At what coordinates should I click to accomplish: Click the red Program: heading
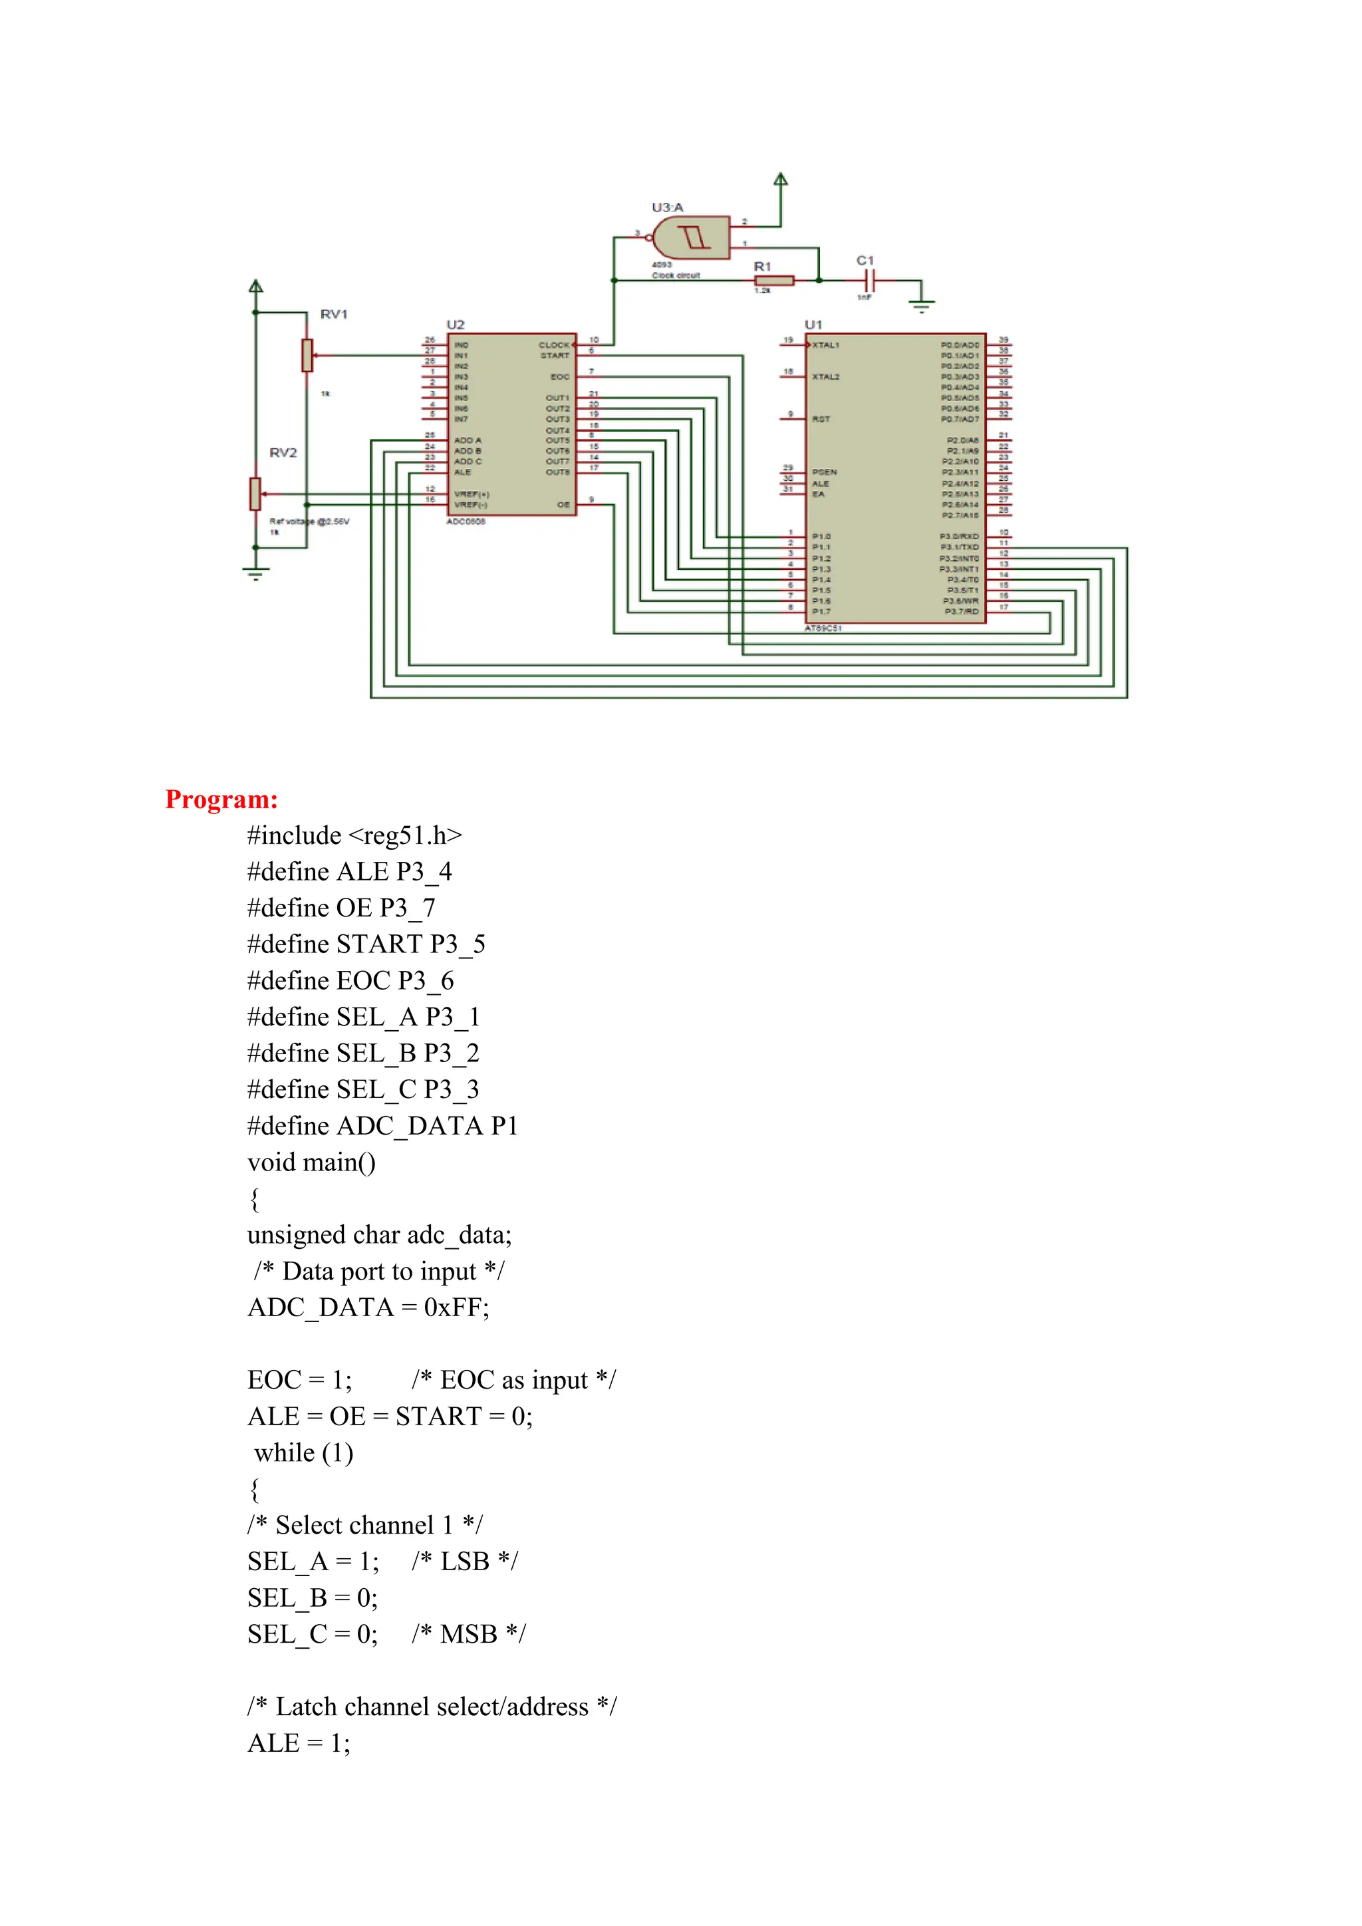tap(221, 799)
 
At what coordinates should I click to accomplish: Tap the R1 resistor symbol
tap(774, 280)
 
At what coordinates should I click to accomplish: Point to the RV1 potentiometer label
tap(333, 315)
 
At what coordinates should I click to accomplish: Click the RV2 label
tap(283, 453)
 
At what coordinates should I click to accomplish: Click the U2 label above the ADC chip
tap(456, 325)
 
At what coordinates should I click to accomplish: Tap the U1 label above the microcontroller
tap(813, 325)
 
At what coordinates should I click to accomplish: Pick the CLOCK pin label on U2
tap(553, 344)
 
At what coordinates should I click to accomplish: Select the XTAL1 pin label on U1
tap(825, 344)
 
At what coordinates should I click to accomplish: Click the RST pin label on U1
tap(821, 418)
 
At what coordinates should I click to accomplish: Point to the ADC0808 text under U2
tap(466, 522)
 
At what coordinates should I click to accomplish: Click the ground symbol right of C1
tap(922, 306)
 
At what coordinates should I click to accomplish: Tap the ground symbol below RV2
tap(256, 575)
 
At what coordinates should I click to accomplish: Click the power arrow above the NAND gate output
tap(781, 180)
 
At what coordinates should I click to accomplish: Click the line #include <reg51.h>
tap(354, 835)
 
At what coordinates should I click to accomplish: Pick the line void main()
tap(311, 1163)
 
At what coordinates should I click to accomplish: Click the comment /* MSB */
tap(468, 1634)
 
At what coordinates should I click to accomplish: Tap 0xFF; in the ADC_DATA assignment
tap(456, 1307)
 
